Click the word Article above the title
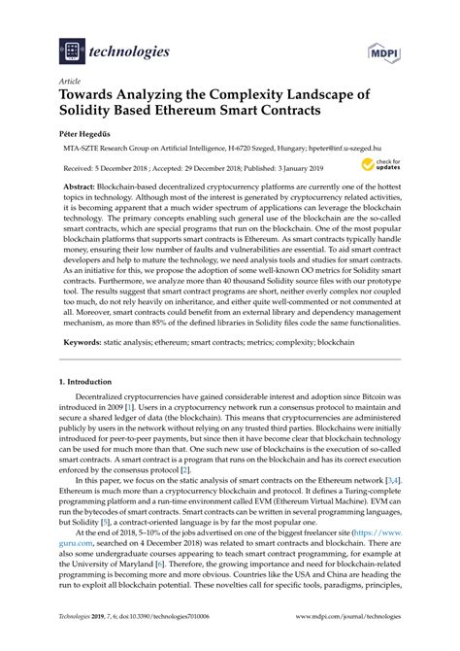click(69, 84)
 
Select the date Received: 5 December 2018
click(111, 167)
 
